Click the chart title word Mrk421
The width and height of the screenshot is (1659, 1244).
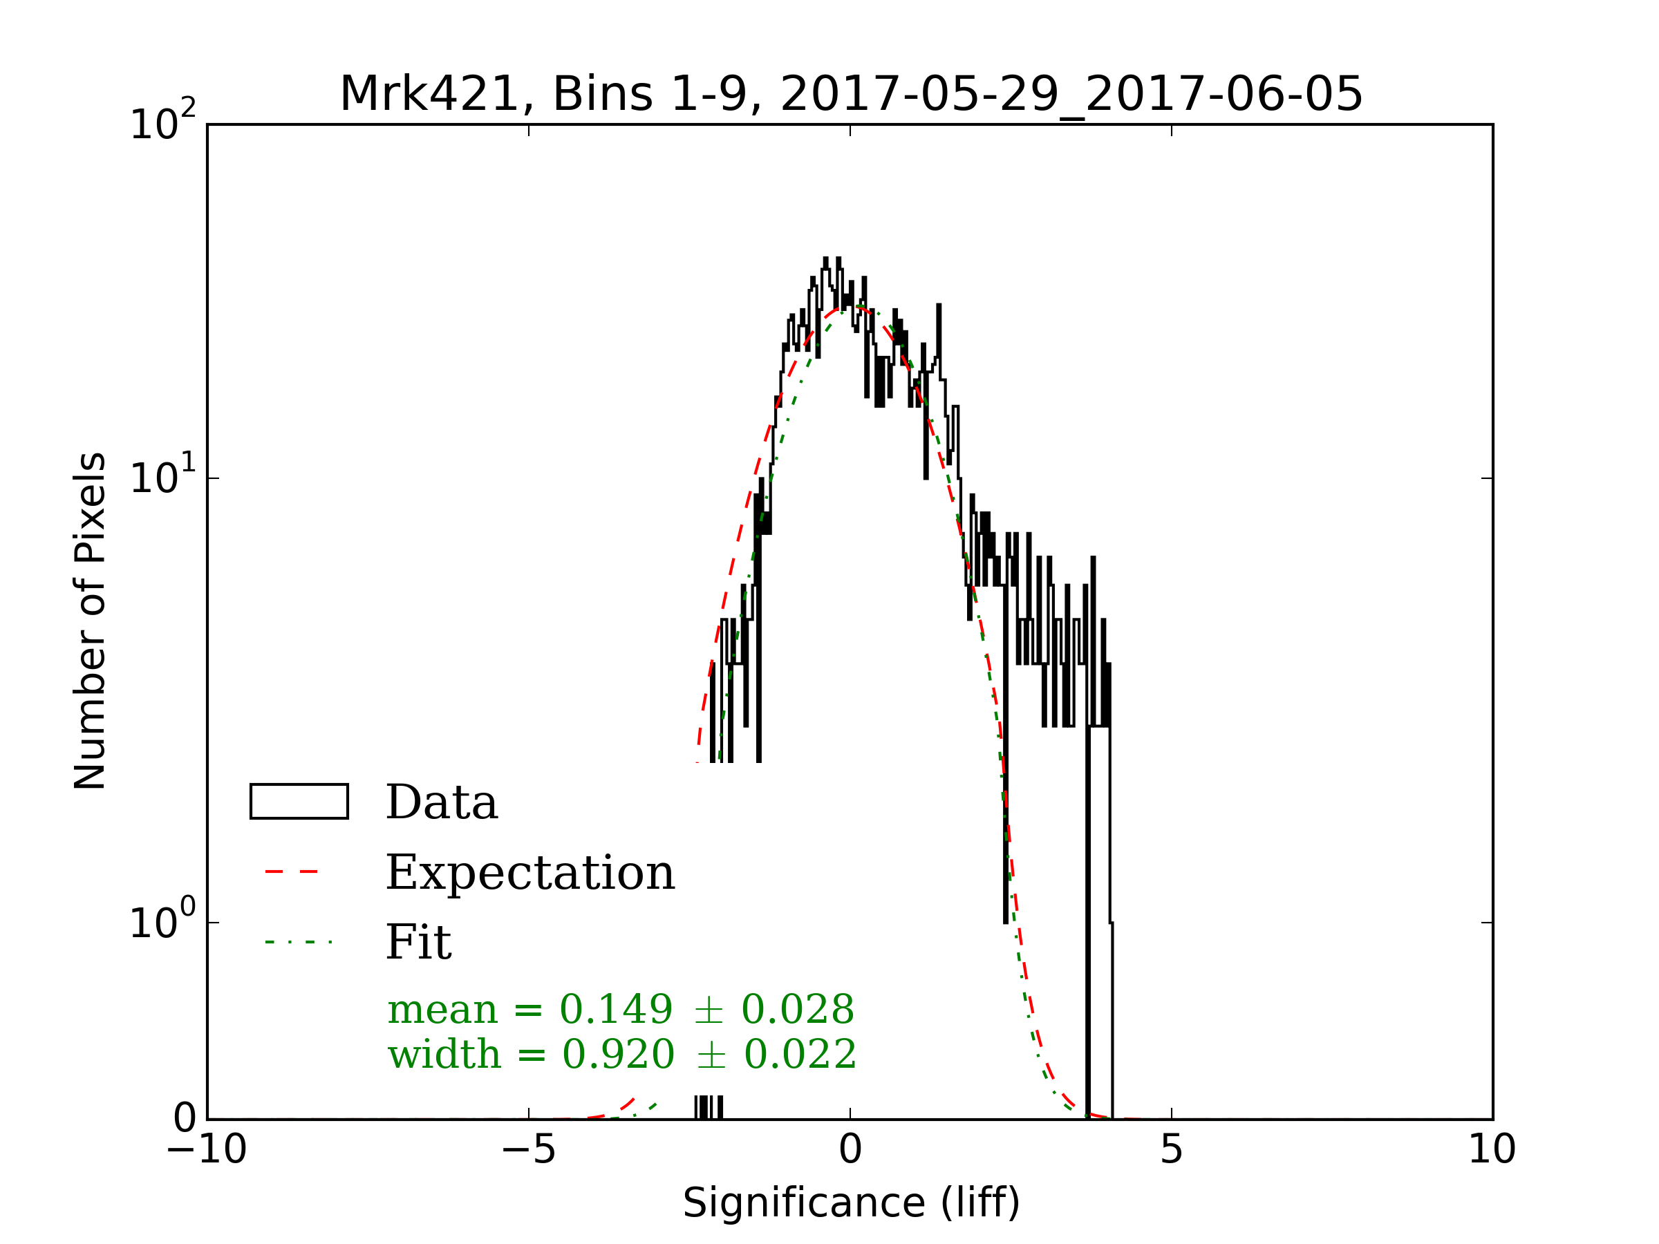(x=429, y=95)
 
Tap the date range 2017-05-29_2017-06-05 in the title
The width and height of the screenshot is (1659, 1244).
(x=1071, y=95)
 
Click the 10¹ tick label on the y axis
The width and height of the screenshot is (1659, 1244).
(x=162, y=478)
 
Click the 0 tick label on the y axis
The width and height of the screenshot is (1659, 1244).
(x=185, y=1119)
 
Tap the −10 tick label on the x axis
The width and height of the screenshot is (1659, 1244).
(x=206, y=1149)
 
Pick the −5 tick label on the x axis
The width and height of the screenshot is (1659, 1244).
(x=528, y=1149)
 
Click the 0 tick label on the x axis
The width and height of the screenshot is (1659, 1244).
(x=850, y=1149)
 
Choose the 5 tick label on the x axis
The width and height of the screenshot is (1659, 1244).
(x=1172, y=1149)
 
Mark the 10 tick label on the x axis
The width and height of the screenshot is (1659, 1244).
(x=1492, y=1149)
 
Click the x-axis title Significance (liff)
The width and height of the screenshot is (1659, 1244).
(x=851, y=1203)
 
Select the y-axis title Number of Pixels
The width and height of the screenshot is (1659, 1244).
(x=90, y=621)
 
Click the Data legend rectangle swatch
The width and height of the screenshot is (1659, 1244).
(x=299, y=802)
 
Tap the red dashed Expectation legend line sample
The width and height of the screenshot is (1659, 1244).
(x=292, y=871)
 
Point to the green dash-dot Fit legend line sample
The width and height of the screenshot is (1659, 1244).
(x=298, y=942)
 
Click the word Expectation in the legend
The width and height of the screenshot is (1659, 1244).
(x=530, y=873)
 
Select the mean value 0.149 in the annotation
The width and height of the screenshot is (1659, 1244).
(x=616, y=1009)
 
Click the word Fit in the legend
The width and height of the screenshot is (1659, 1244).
(x=418, y=943)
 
